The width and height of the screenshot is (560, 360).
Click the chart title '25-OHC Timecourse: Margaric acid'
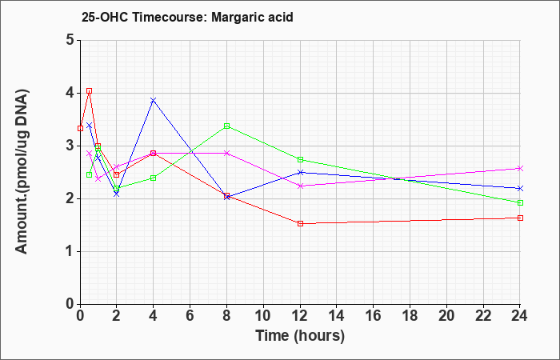pos(187,17)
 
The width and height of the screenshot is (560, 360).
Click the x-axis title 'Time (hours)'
pos(300,336)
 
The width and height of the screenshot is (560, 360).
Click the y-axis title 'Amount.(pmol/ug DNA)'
pos(22,172)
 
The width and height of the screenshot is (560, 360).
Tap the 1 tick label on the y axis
pos(70,251)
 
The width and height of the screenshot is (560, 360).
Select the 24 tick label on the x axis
pos(519,316)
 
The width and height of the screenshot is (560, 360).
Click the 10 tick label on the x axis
pos(263,316)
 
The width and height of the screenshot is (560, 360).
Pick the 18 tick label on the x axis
pos(410,316)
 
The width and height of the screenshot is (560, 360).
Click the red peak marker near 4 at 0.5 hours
pos(90,91)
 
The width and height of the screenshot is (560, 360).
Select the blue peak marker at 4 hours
pos(154,100)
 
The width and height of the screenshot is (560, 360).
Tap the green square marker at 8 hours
pos(226,126)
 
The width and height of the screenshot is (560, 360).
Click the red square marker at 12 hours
pos(300,223)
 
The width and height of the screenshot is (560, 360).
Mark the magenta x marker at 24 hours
pos(520,168)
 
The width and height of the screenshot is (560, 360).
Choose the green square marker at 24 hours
pos(520,203)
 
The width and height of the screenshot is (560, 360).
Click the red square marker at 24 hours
pos(520,218)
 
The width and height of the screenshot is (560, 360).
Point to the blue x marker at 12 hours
pos(300,173)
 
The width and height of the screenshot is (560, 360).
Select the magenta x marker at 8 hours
pos(226,154)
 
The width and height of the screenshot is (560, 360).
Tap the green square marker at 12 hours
pos(300,160)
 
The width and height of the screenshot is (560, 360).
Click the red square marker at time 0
pos(80,128)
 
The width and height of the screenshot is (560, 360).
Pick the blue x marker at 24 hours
pos(520,188)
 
